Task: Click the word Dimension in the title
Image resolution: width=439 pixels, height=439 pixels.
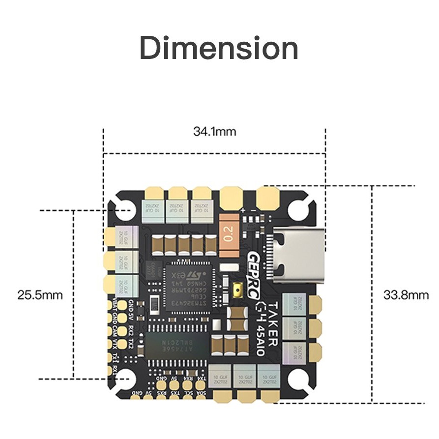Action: (219, 48)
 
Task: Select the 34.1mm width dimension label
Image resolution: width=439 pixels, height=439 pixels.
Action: (214, 132)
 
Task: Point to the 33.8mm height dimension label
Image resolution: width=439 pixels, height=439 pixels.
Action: (406, 295)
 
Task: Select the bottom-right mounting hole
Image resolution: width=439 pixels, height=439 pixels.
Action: (298, 379)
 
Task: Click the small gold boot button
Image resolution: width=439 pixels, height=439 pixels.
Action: (237, 291)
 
